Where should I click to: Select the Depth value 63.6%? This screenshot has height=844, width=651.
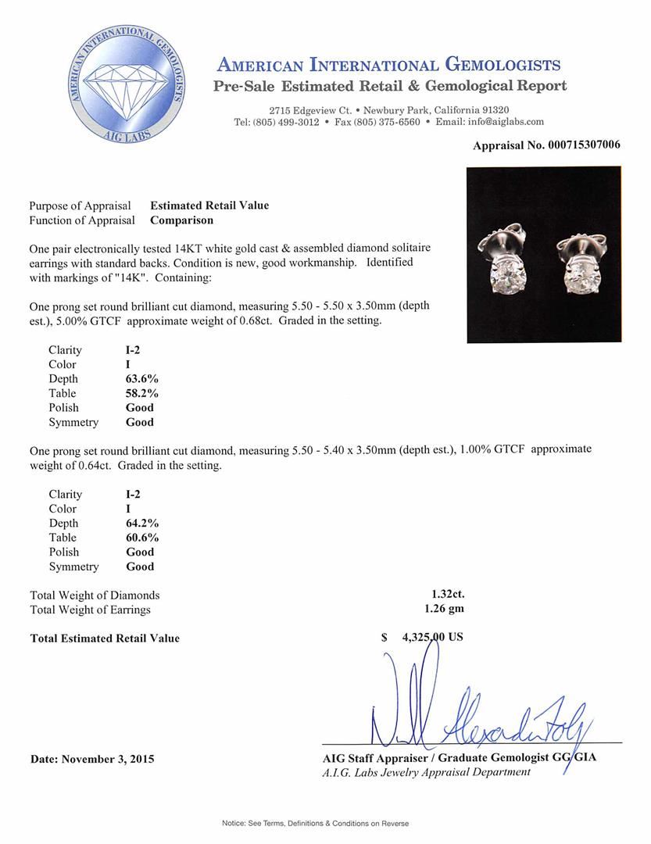pos(142,379)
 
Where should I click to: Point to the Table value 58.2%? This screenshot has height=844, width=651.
pos(142,393)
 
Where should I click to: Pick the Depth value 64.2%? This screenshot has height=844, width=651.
pos(142,523)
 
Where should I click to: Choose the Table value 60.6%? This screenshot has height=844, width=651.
pos(142,538)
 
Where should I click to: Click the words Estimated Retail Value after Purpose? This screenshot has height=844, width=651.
pos(209,206)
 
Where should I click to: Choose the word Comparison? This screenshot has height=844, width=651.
pos(182,220)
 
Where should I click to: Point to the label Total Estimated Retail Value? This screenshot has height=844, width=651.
pos(105,638)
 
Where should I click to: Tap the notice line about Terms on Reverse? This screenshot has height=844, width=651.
pos(315,823)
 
